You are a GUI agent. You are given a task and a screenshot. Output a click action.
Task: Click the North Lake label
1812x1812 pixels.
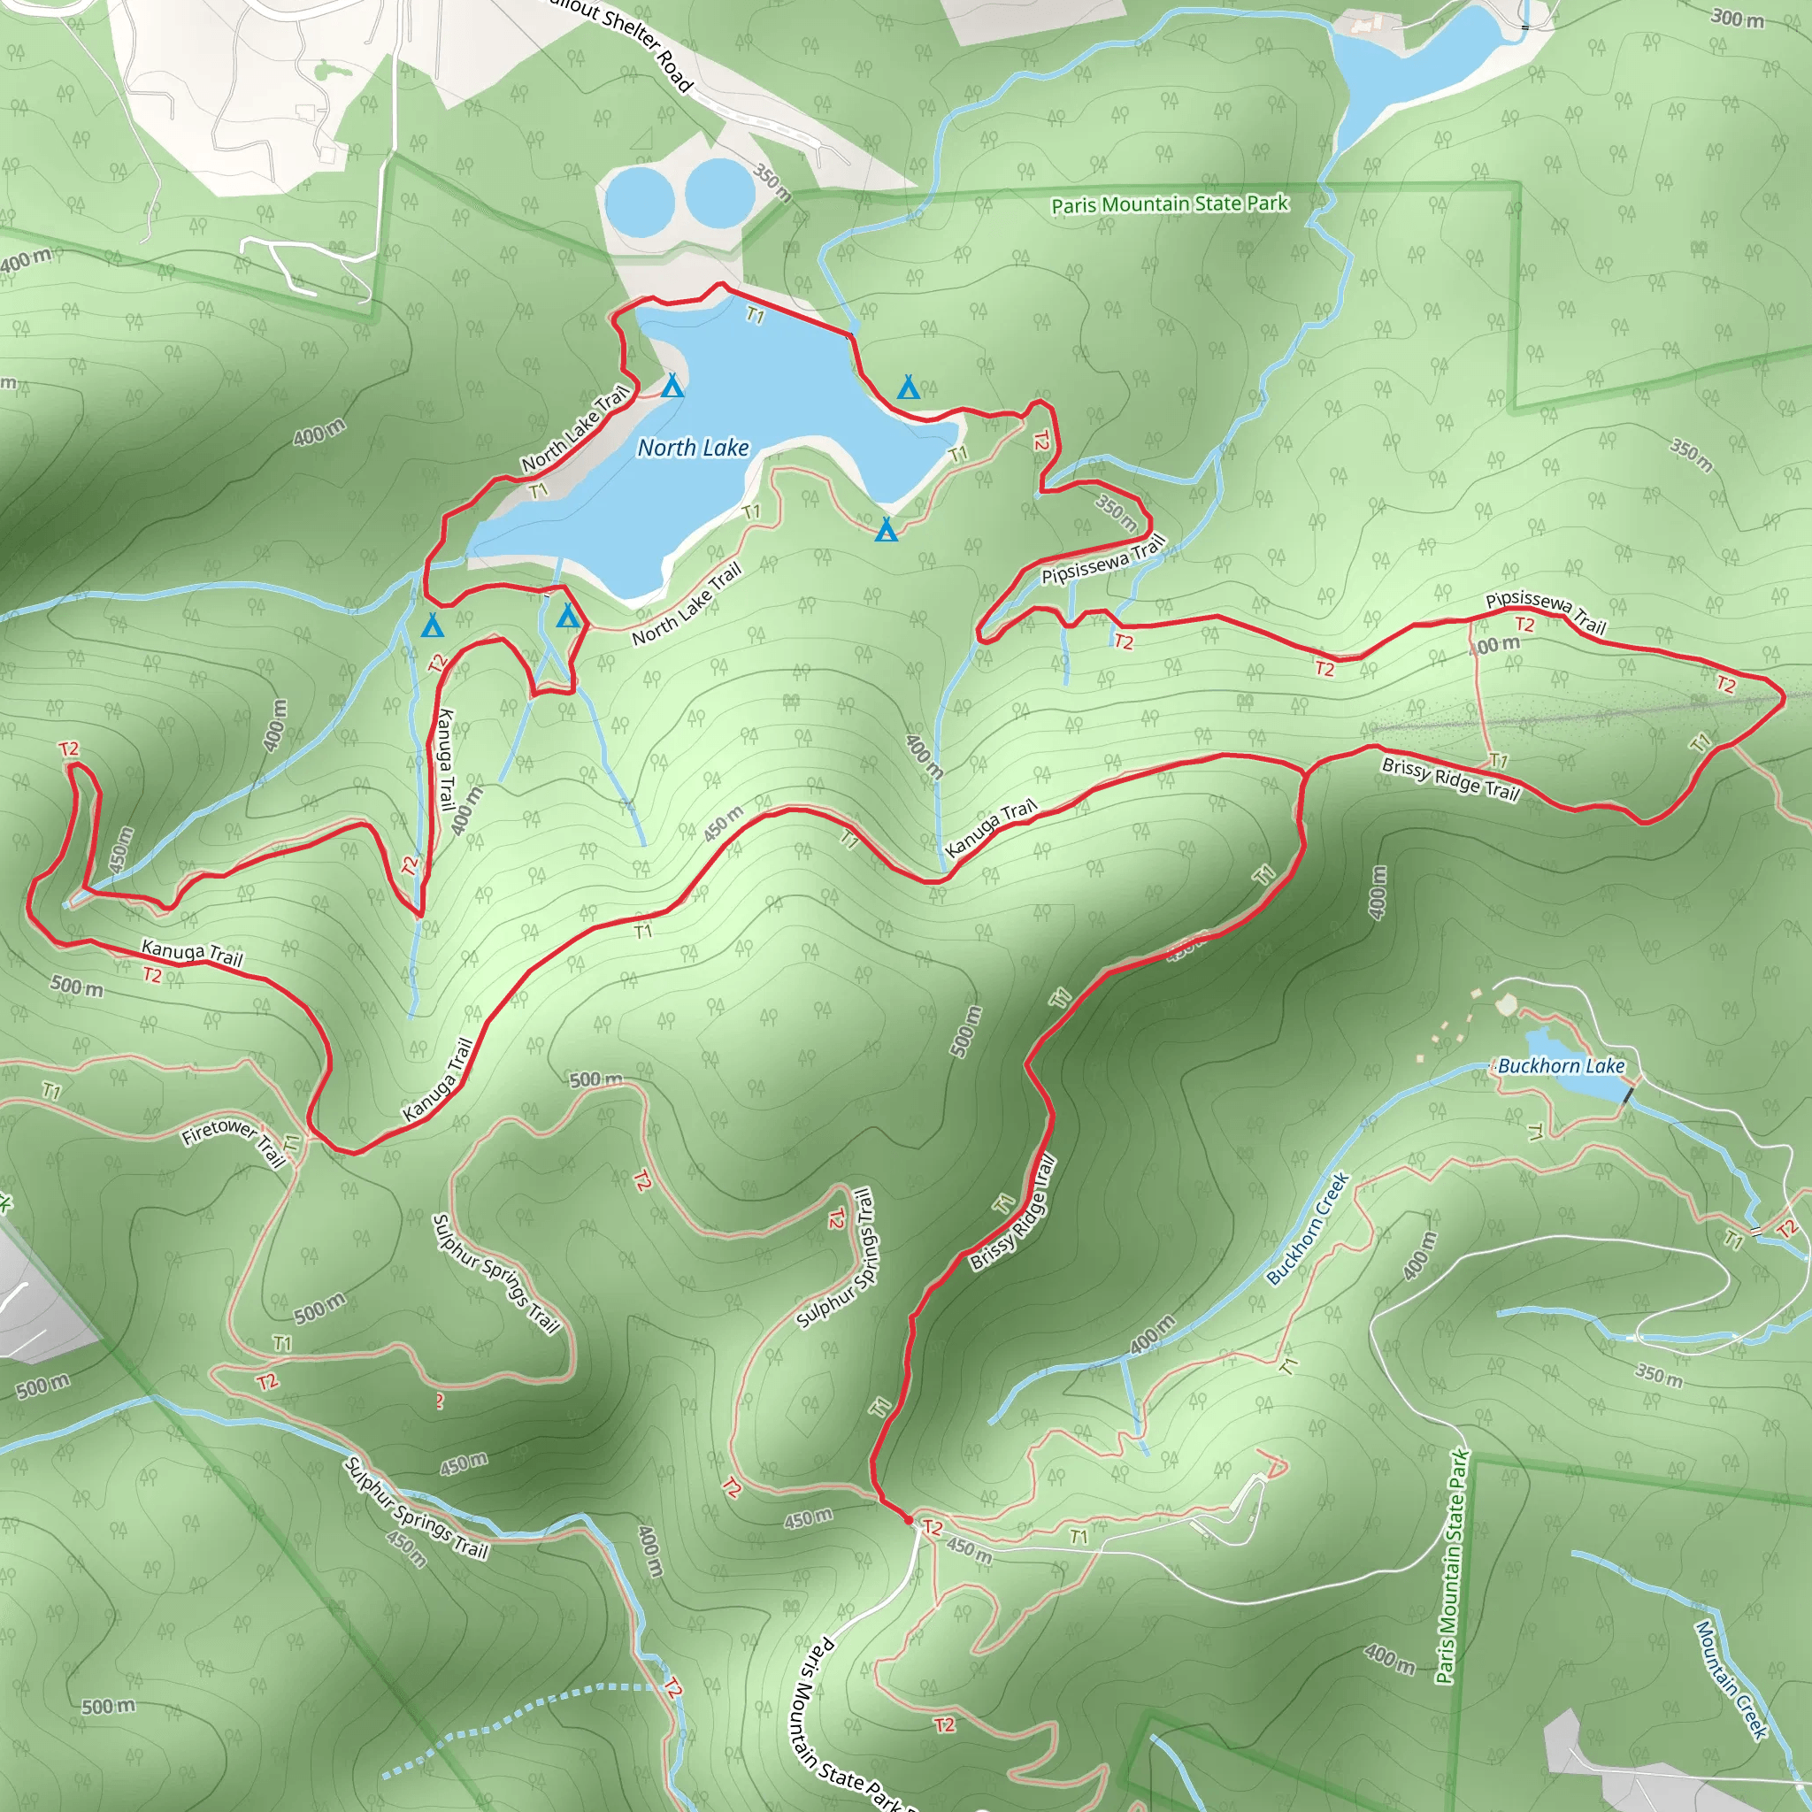pyautogui.click(x=693, y=449)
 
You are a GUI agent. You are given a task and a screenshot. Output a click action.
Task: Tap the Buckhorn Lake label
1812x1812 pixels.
pyautogui.click(x=1561, y=1065)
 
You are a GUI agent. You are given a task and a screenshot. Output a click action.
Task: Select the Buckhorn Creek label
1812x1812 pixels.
pyautogui.click(x=1308, y=1228)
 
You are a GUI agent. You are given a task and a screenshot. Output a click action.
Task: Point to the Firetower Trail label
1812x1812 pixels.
pyautogui.click(x=234, y=1143)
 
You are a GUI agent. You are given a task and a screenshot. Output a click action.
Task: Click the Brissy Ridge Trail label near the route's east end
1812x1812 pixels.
pyautogui.click(x=1450, y=779)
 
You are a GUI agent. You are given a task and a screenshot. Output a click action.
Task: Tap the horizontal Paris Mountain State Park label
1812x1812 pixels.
pyautogui.click(x=1170, y=203)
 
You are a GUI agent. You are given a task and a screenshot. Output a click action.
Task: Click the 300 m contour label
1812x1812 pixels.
pyautogui.click(x=1737, y=18)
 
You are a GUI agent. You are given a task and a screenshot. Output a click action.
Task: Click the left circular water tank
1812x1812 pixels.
pyautogui.click(x=639, y=202)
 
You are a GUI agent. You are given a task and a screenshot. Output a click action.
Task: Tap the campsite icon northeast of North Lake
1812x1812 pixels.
pyautogui.click(x=908, y=388)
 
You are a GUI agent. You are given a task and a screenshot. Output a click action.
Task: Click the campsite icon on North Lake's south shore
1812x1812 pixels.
pyautogui.click(x=887, y=531)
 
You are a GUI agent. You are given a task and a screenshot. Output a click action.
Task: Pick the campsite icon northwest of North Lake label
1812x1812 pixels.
pyautogui.click(x=672, y=386)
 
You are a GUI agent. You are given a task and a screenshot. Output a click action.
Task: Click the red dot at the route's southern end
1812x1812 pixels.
pyautogui.click(x=908, y=1518)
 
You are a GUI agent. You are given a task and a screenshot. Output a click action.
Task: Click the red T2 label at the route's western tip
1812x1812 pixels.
pyautogui.click(x=68, y=749)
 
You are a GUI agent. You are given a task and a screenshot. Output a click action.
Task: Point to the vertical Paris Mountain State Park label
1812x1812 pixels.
pyautogui.click(x=1453, y=1566)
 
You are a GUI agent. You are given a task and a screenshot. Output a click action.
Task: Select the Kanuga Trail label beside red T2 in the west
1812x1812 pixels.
pyautogui.click(x=192, y=953)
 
